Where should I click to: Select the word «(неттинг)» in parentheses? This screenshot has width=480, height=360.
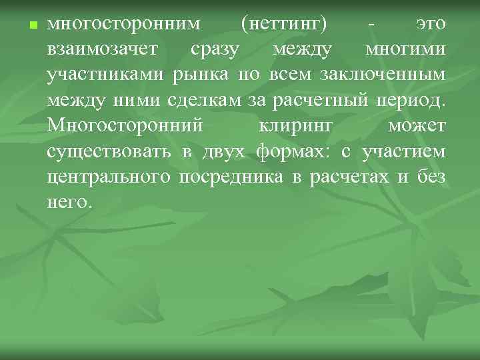[x=285, y=25]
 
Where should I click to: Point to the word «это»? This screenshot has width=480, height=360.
[x=431, y=25]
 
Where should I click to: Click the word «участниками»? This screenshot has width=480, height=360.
[x=106, y=76]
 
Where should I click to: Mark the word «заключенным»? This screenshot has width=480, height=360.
[x=390, y=76]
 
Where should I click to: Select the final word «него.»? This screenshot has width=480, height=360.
[x=68, y=203]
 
